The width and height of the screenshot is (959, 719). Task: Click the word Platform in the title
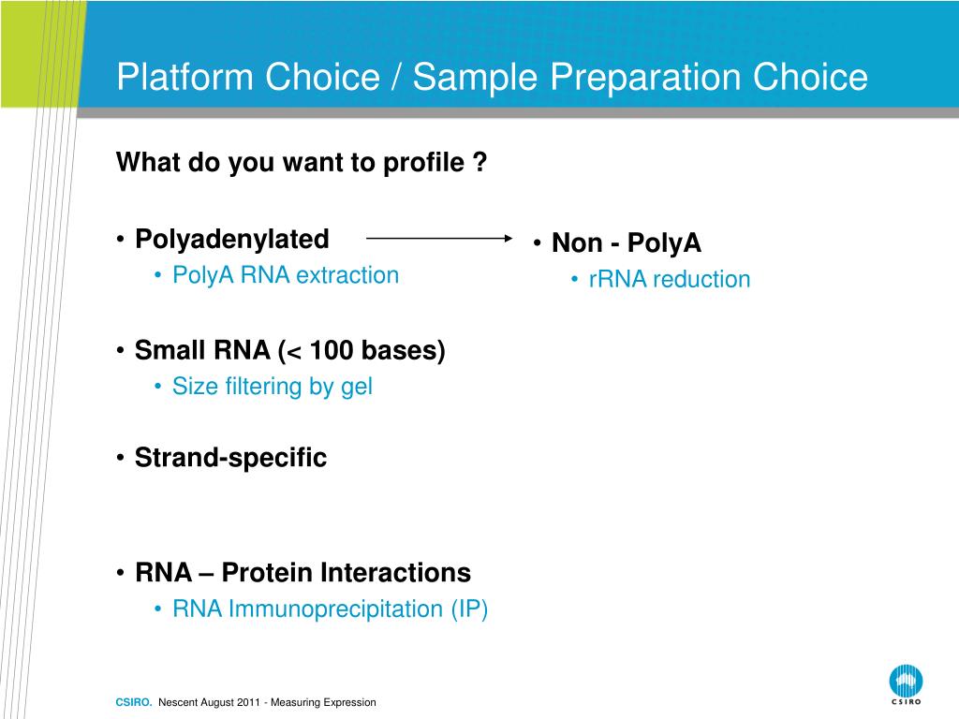[184, 77]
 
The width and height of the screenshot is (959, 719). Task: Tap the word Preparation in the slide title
[646, 79]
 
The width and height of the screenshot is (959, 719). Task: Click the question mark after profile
[480, 162]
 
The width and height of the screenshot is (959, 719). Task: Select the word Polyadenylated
[232, 239]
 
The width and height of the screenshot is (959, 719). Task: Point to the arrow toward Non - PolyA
[439, 238]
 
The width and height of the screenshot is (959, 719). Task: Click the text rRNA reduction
[670, 279]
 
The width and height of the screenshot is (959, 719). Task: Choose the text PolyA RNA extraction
[286, 275]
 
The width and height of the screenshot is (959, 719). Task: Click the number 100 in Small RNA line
[332, 350]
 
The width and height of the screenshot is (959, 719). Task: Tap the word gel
[357, 387]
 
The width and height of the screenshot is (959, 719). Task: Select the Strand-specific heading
[230, 457]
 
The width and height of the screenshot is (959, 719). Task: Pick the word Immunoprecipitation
[336, 609]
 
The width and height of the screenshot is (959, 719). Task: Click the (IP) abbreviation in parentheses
[470, 609]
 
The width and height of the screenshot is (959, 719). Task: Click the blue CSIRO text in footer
[134, 702]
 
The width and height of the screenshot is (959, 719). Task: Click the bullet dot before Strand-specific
[121, 457]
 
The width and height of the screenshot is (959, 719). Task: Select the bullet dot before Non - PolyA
[537, 242]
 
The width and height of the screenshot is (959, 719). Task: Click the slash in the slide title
[396, 77]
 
